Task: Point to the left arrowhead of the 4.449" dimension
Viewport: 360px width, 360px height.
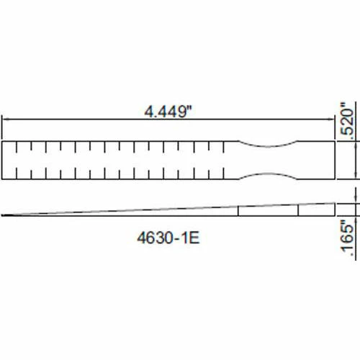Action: click(4, 121)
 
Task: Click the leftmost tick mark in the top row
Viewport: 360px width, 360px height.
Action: click(16, 149)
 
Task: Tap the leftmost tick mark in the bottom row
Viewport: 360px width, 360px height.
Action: click(16, 171)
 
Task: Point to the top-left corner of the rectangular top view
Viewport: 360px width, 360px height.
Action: click(3, 141)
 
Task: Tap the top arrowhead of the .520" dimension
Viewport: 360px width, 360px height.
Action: click(358, 143)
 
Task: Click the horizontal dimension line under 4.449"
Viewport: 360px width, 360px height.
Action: click(86, 121)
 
